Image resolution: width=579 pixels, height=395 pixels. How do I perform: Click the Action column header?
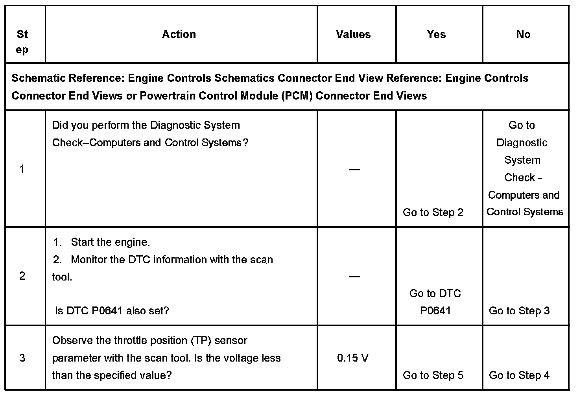pyautogui.click(x=179, y=35)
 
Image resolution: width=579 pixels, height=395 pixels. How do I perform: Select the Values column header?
pyautogui.click(x=353, y=35)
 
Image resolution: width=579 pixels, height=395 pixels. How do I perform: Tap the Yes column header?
pyautogui.click(x=436, y=35)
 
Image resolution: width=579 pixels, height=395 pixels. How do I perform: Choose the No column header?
pyautogui.click(x=523, y=35)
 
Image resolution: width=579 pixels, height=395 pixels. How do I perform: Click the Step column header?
pyautogui.click(x=22, y=42)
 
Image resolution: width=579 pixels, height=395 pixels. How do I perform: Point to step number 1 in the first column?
pyautogui.click(x=22, y=169)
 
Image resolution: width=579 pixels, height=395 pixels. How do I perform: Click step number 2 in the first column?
pyautogui.click(x=22, y=276)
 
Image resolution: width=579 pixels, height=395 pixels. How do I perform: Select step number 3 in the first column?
pyautogui.click(x=22, y=358)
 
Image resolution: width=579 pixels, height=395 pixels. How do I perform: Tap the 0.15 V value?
pyautogui.click(x=353, y=358)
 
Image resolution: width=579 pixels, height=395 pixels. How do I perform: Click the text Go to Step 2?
pyautogui.click(x=433, y=212)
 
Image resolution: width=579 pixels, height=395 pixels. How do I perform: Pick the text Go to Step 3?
pyautogui.click(x=519, y=311)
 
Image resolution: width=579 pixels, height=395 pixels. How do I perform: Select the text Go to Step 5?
pyautogui.click(x=433, y=375)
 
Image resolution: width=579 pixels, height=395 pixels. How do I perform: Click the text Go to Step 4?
pyautogui.click(x=519, y=375)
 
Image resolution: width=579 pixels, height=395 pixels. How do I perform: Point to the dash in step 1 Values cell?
pyautogui.click(x=354, y=170)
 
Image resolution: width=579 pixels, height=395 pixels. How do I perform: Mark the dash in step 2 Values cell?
pyautogui.click(x=354, y=277)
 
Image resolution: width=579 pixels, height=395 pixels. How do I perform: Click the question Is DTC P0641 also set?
pyautogui.click(x=112, y=311)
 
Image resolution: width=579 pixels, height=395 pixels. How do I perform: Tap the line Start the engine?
pyautogui.click(x=110, y=242)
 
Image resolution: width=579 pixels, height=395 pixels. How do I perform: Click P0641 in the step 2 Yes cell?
pyautogui.click(x=435, y=311)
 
